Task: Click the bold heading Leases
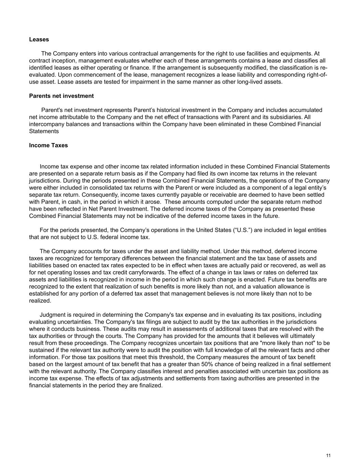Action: click(x=39, y=40)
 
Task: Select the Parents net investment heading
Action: click(x=61, y=96)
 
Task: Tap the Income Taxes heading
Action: click(x=48, y=145)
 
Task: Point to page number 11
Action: click(x=328, y=455)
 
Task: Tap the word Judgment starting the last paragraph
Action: click(x=52, y=315)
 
